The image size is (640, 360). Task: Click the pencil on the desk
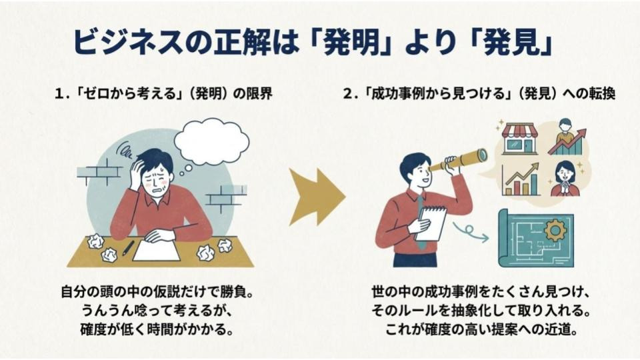coord(128,249)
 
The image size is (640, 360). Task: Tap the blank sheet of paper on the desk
coord(156,250)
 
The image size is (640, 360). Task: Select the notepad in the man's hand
coord(431,223)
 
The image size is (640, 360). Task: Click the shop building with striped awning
coord(519,139)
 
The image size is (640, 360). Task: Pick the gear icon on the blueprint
coord(555,230)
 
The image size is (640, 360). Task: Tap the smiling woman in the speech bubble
coord(565,179)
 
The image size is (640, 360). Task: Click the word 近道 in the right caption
coord(556,329)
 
